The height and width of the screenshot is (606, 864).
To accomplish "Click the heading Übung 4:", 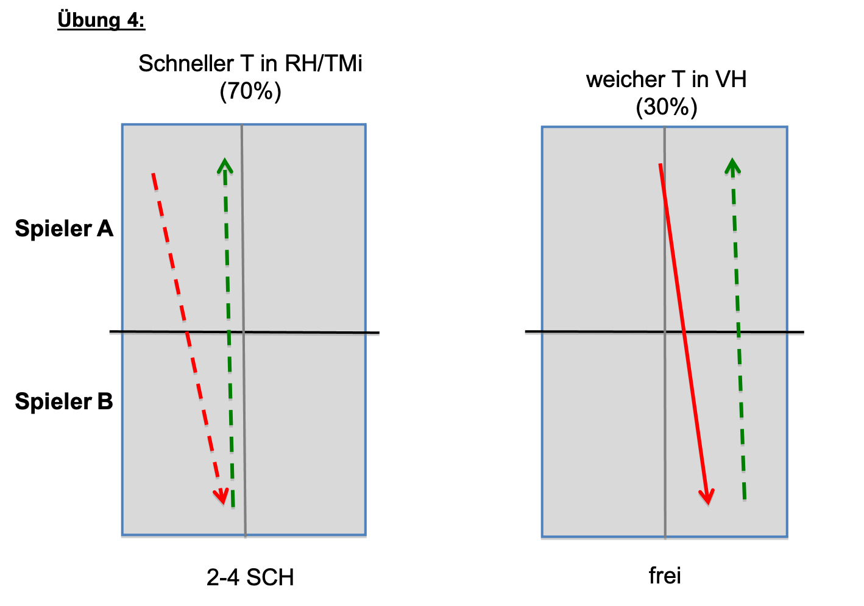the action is click(101, 20).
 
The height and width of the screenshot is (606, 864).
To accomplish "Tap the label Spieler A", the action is click(64, 228).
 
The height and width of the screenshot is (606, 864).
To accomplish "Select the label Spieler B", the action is click(64, 401).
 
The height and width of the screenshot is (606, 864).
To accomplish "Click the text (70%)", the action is click(250, 91).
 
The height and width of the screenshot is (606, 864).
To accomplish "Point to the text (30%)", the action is click(666, 107).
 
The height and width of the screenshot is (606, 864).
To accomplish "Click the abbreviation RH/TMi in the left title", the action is click(324, 63).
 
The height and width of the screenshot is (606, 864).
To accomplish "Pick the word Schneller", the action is click(186, 63).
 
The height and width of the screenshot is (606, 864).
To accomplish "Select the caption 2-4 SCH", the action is click(250, 577).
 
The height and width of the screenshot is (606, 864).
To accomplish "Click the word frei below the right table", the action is click(665, 576).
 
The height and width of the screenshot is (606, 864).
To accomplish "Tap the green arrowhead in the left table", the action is click(225, 165).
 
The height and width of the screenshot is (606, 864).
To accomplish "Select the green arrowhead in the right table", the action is click(732, 166).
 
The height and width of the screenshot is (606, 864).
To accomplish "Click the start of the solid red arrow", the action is click(660, 164).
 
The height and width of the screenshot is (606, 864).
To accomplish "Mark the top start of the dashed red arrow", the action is click(153, 174).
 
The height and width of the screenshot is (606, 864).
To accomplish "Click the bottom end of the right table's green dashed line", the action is click(745, 500).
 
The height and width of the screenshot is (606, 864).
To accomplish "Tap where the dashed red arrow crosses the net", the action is click(187, 331).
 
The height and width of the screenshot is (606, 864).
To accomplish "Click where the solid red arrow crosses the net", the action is click(684, 331).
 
